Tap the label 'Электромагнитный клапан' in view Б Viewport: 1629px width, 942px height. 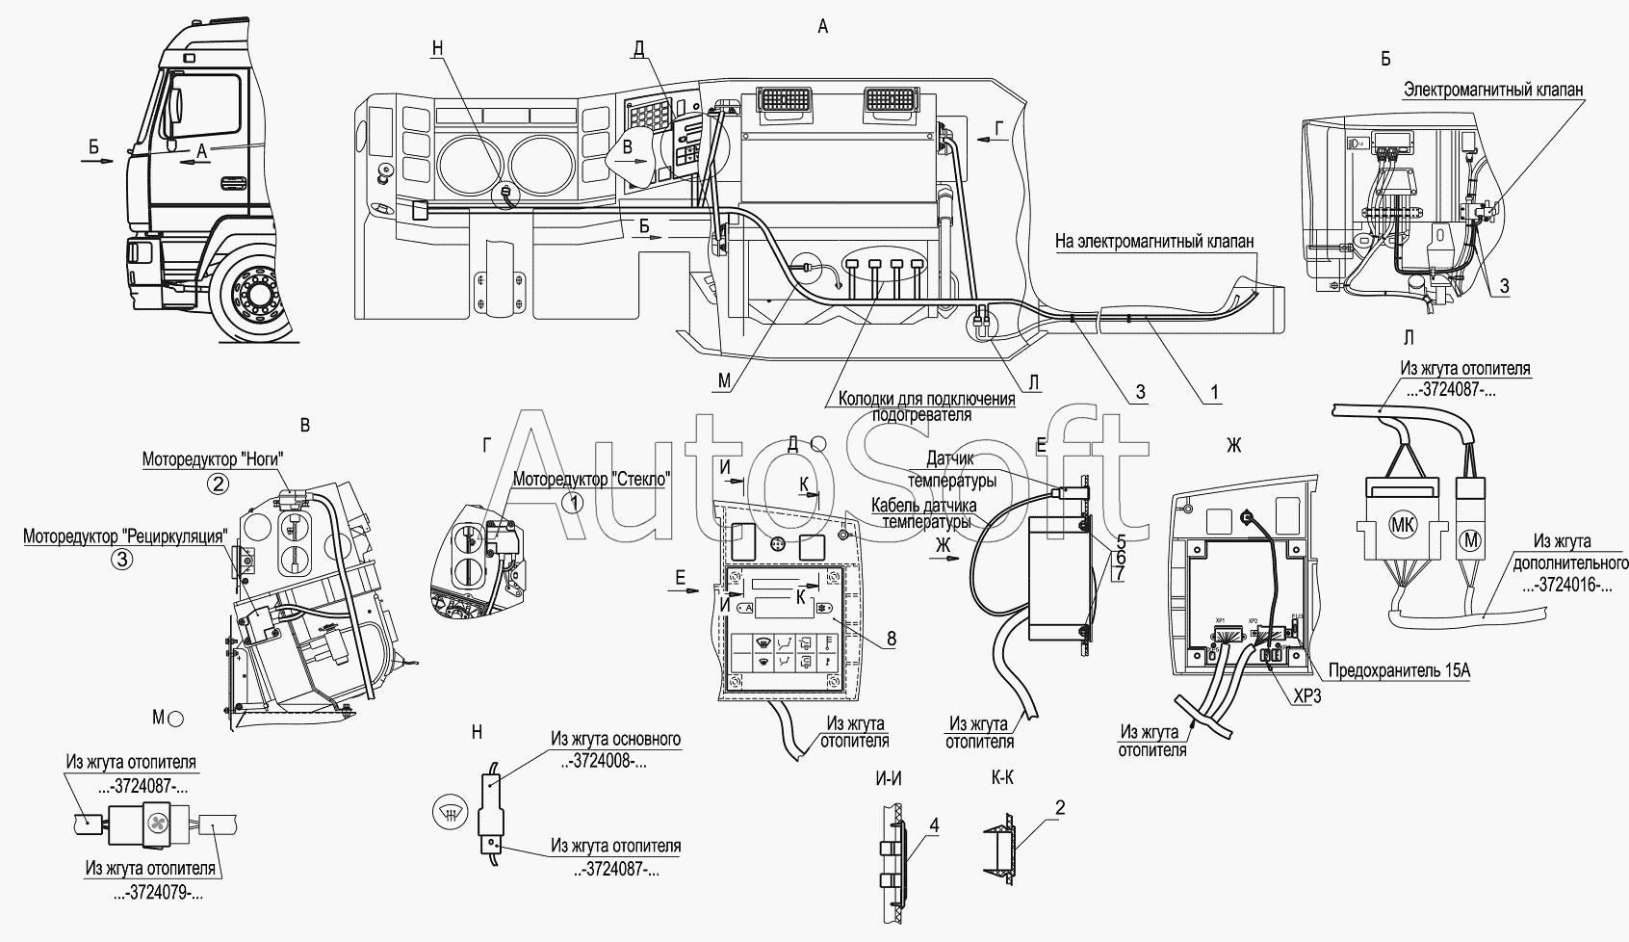[x=1492, y=90]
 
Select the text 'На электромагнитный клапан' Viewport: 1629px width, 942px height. [x=1154, y=243]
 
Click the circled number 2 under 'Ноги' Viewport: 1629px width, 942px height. [x=220, y=484]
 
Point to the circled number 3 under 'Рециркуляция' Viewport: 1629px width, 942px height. [x=120, y=559]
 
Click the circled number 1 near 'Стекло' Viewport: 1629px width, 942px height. [x=574, y=502]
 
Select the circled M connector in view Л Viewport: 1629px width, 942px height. [x=1470, y=538]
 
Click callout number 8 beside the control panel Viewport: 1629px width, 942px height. [x=891, y=638]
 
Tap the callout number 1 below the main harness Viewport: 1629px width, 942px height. [x=1214, y=391]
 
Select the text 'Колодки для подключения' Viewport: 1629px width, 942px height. [x=926, y=399]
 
